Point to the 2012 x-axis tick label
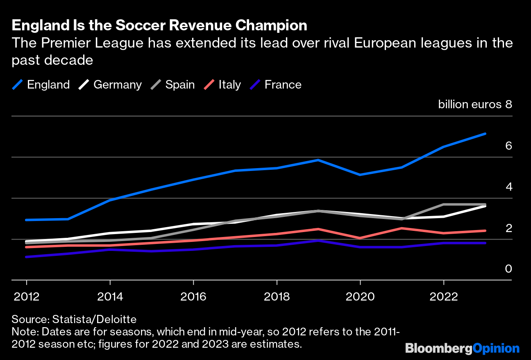pyautogui.click(x=27, y=296)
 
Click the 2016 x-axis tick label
pyautogui.click(x=193, y=296)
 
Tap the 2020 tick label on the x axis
pyautogui.click(x=360, y=296)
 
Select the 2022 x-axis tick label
pyautogui.click(x=443, y=296)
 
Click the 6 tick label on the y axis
pyautogui.click(x=508, y=146)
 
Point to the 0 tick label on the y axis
pyautogui.click(x=508, y=269)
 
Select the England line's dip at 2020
pyautogui.click(x=360, y=175)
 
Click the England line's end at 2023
pyautogui.click(x=485, y=134)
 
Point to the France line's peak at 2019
pyautogui.click(x=318, y=240)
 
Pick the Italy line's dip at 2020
pyautogui.click(x=360, y=238)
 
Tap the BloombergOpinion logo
pyautogui.click(x=462, y=349)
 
